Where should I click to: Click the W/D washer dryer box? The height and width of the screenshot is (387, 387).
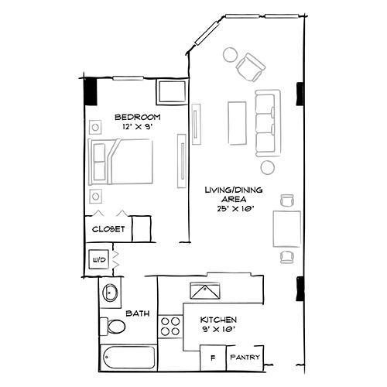tap(100, 259)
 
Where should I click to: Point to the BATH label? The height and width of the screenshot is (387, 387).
tap(138, 313)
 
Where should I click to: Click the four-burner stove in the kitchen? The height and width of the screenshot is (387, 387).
tap(169, 325)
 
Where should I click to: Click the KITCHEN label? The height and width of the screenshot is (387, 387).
tap(218, 320)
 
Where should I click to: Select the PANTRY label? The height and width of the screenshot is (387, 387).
tap(245, 358)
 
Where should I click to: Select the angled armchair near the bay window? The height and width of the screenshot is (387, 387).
tap(250, 67)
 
